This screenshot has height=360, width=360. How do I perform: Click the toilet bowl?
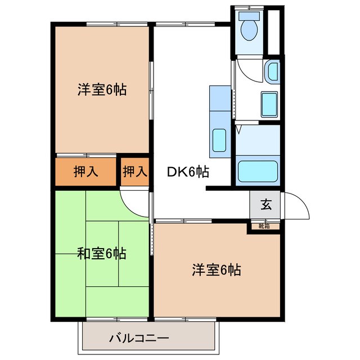pyautogui.click(x=247, y=28)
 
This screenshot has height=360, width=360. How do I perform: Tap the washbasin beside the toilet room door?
pyautogui.click(x=272, y=71)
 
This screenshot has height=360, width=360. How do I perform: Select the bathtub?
pyautogui.click(x=258, y=171)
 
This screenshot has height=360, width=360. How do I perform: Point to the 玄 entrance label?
pyautogui.click(x=265, y=205)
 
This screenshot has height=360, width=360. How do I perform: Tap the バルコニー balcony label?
pyautogui.click(x=138, y=339)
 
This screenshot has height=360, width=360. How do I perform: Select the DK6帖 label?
pyautogui.click(x=188, y=173)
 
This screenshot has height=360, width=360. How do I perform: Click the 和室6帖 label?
pyautogui.click(x=101, y=254)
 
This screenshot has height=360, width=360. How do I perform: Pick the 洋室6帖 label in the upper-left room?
pyautogui.click(x=101, y=89)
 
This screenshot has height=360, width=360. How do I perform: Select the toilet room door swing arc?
pyautogui.click(x=247, y=70)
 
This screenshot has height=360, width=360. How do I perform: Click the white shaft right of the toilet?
pyautogui.click(x=274, y=31)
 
